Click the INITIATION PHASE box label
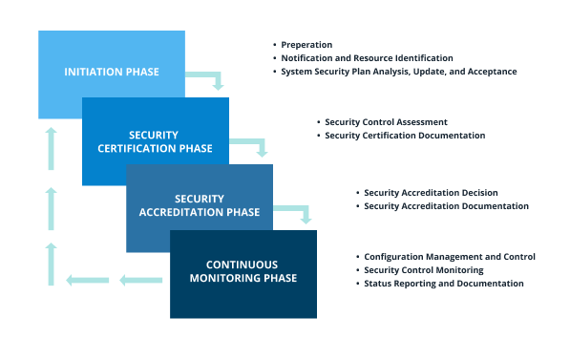pyautogui.click(x=111, y=73)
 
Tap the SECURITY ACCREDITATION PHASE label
pyautogui.click(x=199, y=205)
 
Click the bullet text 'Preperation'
pyautogui.click(x=307, y=45)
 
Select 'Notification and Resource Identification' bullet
pyautogui.click(x=367, y=58)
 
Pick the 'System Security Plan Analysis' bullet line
pyautogui.click(x=398, y=72)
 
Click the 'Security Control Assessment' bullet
pyautogui.click(x=386, y=122)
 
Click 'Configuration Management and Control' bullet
pyautogui.click(x=450, y=257)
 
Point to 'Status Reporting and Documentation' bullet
pyautogui.click(x=444, y=284)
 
